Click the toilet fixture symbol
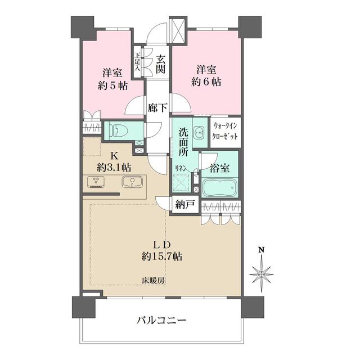point(118,130)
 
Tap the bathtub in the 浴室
point(220,187)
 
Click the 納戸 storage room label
point(185,205)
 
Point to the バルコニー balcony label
point(161,321)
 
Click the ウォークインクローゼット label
point(226,132)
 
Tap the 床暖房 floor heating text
point(152,280)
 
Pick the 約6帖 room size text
point(208,82)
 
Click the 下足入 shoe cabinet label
point(137,61)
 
